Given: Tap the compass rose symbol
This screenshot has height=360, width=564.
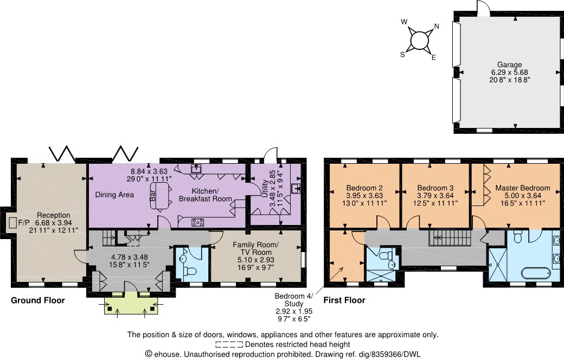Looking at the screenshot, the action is click(x=419, y=40).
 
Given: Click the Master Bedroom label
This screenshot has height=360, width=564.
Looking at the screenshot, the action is click(x=523, y=188).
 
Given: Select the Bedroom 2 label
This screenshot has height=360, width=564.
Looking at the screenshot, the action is click(x=364, y=188).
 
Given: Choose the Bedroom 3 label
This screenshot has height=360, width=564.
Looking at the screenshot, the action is click(x=435, y=188).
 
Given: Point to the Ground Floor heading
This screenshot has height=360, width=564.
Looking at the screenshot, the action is click(x=38, y=300).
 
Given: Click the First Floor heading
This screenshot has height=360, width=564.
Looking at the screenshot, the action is click(x=344, y=300).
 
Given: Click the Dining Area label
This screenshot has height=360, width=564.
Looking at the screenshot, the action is click(x=114, y=194).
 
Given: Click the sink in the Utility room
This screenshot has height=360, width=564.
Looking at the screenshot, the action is click(x=296, y=189).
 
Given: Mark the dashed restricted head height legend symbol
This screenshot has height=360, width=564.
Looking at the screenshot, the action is click(x=229, y=344).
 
